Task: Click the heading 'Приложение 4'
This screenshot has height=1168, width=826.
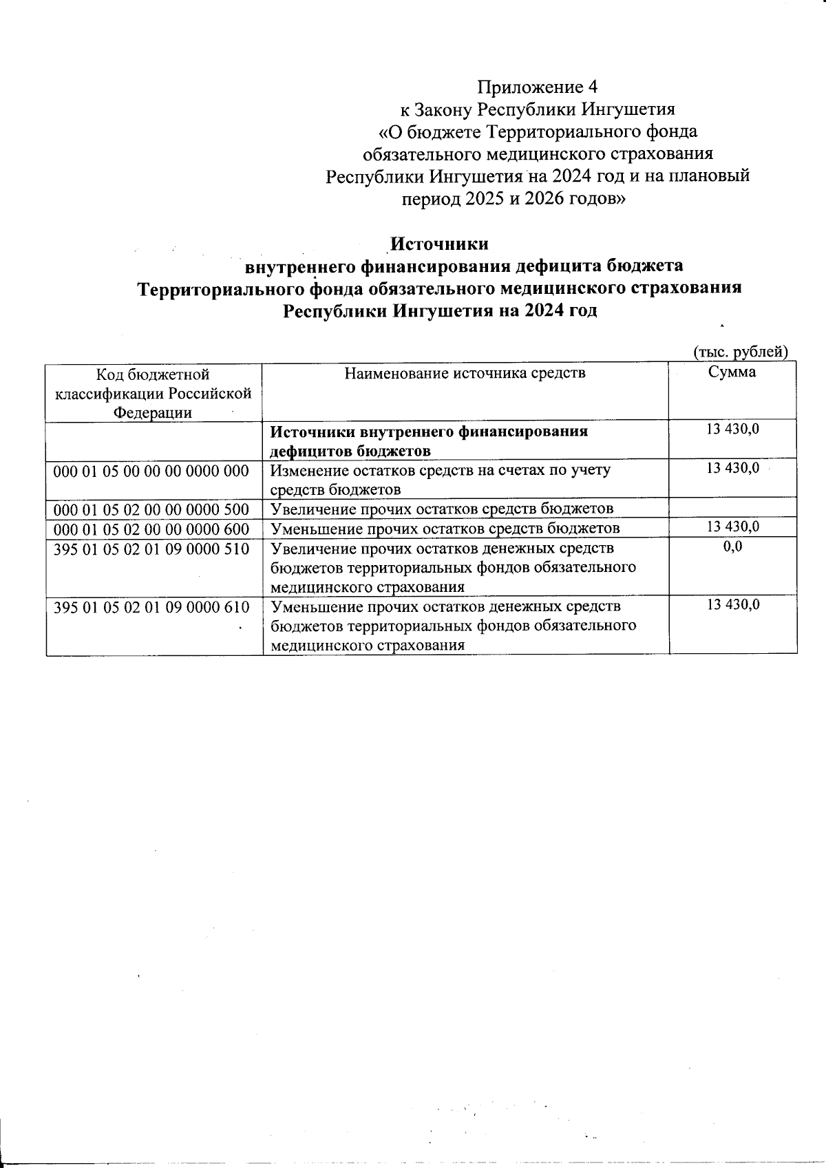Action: coord(538,87)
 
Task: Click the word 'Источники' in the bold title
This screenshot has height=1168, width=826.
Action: coord(439,244)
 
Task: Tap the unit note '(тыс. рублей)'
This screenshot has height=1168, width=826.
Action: coord(739,352)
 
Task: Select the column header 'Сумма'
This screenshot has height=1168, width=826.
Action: coord(732,372)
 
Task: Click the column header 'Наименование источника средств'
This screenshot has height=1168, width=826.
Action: coord(465,374)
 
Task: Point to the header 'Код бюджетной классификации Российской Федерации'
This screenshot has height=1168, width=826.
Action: coord(153,393)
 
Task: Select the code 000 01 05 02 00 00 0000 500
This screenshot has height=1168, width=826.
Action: coord(151,509)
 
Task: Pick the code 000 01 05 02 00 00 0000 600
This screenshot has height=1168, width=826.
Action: coord(151,529)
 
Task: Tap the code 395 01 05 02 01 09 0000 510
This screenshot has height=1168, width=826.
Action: coord(151,549)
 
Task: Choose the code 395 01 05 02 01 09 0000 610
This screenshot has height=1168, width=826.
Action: coord(151,607)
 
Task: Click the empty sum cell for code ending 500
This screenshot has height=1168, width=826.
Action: coord(732,509)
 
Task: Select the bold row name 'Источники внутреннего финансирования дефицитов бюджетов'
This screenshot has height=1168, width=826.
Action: coord(428,441)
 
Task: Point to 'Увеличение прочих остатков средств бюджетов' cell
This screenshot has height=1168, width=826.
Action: coord(442,509)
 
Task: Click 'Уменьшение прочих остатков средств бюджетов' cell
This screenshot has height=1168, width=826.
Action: coord(445,529)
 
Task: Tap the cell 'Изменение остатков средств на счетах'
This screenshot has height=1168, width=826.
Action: coord(441,480)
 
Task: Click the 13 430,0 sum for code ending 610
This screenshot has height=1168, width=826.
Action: coord(733,604)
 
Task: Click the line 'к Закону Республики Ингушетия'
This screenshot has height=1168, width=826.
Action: coord(538,109)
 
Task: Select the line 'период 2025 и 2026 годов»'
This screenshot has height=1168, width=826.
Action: coord(513,199)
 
